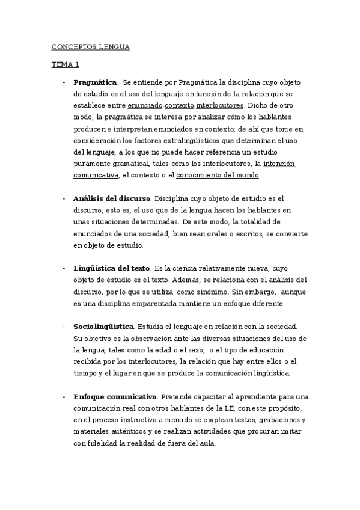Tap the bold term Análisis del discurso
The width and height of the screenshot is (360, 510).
(111, 198)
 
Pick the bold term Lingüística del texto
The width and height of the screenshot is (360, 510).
(111, 268)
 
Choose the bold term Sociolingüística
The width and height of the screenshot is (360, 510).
(103, 327)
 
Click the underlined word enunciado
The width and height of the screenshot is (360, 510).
(145, 105)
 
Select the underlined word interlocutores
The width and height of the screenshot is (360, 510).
(216, 105)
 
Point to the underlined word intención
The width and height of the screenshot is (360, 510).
(279, 164)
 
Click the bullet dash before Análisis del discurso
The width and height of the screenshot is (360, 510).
(64, 198)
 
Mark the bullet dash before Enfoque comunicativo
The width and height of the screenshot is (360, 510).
(64, 397)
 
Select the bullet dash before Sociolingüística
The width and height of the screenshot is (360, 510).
(64, 327)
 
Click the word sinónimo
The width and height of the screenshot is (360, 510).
(209, 292)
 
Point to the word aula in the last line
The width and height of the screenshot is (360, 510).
(208, 443)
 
